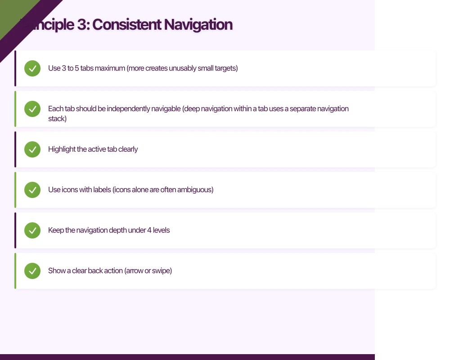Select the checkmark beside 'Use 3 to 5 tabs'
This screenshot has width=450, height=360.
click(x=32, y=68)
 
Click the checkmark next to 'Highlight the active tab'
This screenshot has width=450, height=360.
click(x=32, y=149)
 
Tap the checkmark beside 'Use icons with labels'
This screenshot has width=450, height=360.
click(x=32, y=190)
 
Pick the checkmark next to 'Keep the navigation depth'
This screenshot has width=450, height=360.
click(x=32, y=230)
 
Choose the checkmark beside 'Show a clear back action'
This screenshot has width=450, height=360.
click(x=32, y=271)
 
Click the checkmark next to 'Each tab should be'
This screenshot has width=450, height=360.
click(x=32, y=109)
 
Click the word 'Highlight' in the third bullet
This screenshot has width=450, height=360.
click(x=62, y=149)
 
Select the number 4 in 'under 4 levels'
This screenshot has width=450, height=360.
click(x=149, y=230)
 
